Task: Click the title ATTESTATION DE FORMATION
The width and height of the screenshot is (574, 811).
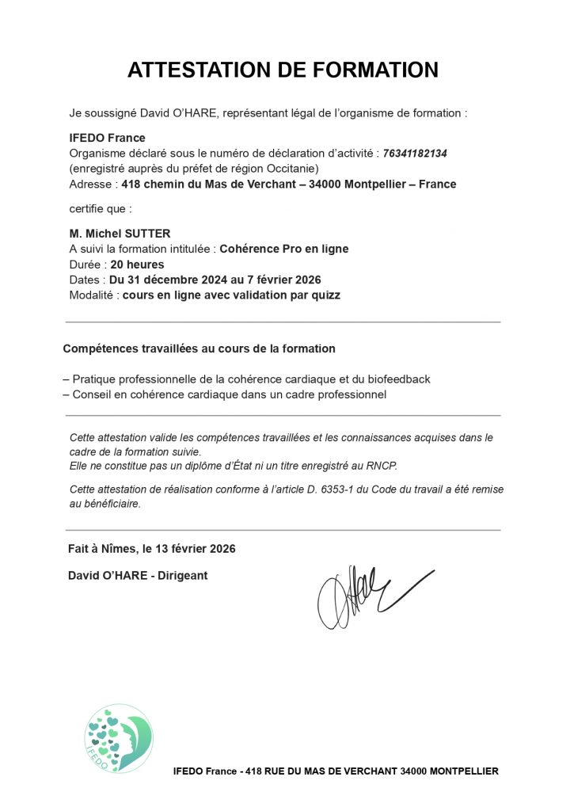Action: click(283, 70)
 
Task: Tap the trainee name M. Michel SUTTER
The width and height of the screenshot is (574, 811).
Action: click(120, 233)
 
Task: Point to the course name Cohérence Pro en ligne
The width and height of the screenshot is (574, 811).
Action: click(283, 249)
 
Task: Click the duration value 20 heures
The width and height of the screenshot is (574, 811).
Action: click(138, 265)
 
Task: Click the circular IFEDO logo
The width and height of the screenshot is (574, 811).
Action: click(119, 738)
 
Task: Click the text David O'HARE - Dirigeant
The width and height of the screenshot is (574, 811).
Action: click(139, 576)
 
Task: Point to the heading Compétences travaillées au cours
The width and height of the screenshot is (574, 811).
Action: click(199, 348)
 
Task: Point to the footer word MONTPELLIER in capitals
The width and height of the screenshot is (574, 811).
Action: click(464, 771)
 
